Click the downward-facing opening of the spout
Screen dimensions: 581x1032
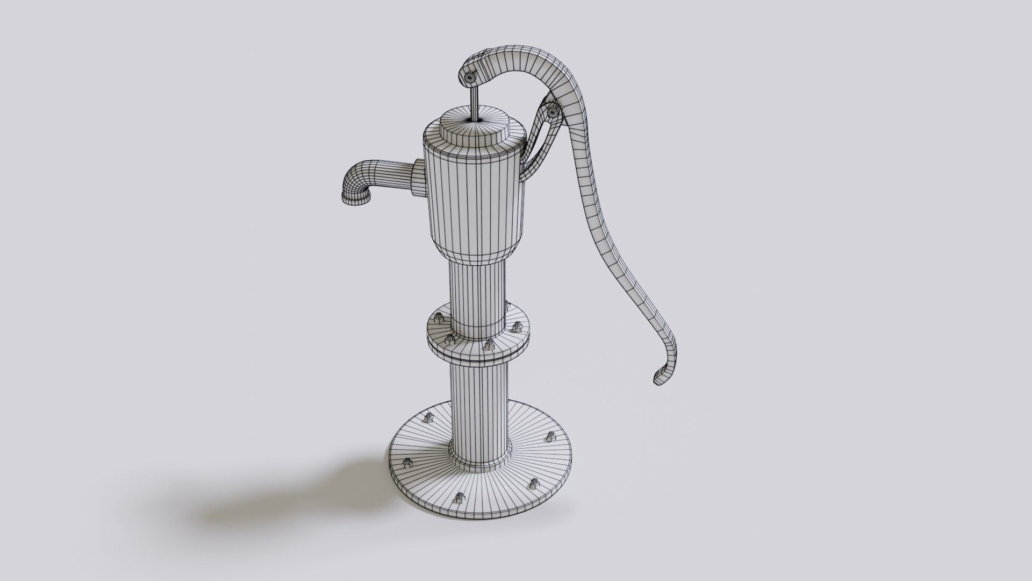point(356,200)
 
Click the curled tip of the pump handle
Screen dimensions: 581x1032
point(662,375)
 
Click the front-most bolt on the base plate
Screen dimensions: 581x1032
point(460,498)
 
